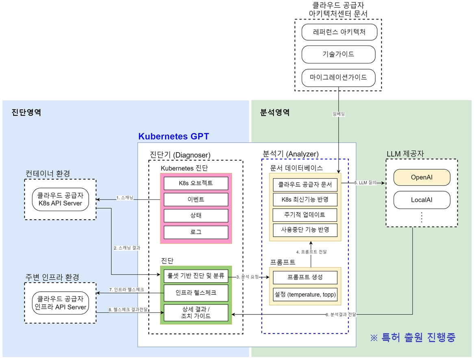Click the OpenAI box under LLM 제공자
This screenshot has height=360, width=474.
(x=422, y=178)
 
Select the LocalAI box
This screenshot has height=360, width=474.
(x=422, y=200)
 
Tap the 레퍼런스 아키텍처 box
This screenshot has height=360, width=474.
(x=339, y=32)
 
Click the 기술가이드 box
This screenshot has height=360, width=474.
(x=339, y=54)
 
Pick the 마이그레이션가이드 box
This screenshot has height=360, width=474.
(x=339, y=77)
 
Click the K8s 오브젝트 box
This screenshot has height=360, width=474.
(x=196, y=183)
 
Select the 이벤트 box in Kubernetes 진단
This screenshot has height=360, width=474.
(x=196, y=199)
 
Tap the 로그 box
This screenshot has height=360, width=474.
(x=196, y=232)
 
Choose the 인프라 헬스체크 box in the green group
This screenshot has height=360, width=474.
(x=196, y=292)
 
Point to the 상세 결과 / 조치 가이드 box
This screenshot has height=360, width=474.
(x=196, y=312)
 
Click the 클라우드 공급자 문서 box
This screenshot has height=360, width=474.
(x=305, y=185)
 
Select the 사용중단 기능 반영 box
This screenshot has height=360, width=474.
(x=305, y=230)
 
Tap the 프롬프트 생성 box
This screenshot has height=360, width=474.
(x=305, y=277)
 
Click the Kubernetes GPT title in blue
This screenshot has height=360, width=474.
(x=174, y=136)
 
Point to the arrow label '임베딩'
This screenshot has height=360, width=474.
(x=338, y=115)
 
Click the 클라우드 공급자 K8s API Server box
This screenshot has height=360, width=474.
(x=60, y=199)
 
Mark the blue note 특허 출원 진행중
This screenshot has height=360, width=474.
(x=413, y=337)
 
